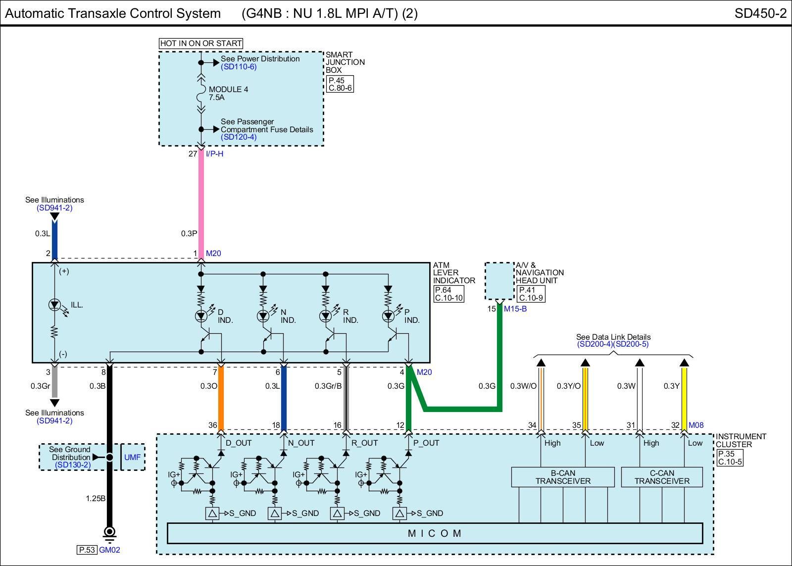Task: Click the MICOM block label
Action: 435,533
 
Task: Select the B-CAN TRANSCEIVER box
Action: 563,477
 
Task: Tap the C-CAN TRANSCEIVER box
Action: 662,477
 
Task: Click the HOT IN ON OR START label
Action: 201,43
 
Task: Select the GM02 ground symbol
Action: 109,534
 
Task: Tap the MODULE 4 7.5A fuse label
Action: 228,94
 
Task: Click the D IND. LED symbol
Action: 201,315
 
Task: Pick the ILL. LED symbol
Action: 54,305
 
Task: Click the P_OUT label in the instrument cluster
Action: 426,443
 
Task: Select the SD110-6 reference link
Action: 239,66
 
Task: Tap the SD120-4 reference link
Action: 239,137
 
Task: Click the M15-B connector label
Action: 515,309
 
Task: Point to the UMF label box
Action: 133,457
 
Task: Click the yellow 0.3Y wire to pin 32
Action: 684,399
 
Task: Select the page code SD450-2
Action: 760,13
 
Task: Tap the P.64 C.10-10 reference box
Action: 448,294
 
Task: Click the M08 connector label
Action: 696,425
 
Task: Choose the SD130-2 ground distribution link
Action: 73,465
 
